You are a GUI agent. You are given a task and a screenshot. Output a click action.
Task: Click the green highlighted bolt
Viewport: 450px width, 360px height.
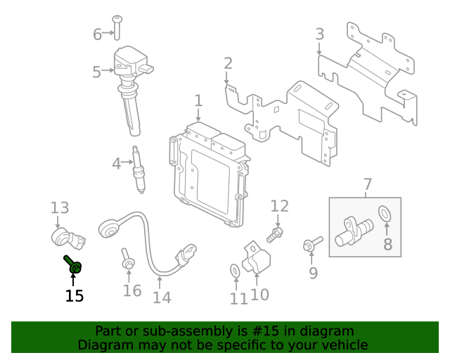(x=73, y=264)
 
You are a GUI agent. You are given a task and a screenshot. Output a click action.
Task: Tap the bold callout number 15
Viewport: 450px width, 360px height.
(x=75, y=296)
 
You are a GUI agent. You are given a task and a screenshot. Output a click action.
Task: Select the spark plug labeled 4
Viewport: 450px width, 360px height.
(x=139, y=169)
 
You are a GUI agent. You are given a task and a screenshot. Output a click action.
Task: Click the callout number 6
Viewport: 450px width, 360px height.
(x=97, y=34)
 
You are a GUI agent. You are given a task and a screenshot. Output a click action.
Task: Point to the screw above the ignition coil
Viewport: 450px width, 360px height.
(x=117, y=27)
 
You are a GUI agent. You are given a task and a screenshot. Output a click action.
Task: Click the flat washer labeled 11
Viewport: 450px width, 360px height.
(x=235, y=271)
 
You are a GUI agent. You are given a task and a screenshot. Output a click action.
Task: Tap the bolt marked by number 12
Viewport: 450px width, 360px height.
(x=275, y=234)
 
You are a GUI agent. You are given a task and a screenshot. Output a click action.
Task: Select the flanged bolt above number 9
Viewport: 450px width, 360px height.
(x=312, y=243)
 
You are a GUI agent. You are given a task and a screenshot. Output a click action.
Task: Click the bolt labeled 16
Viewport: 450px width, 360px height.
(x=127, y=259)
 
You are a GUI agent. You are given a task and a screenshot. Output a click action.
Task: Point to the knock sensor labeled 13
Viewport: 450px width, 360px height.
(x=68, y=237)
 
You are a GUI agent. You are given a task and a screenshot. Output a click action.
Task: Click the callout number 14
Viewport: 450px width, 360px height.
(x=162, y=297)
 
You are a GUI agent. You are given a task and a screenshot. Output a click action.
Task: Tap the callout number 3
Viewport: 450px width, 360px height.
(x=320, y=34)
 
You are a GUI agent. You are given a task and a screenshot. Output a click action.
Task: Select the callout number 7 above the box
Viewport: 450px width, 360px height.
(x=368, y=184)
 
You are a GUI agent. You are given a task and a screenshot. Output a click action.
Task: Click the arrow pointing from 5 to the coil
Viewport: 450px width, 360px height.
(x=108, y=70)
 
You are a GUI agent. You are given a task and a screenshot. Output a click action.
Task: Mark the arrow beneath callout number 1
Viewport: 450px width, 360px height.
(x=198, y=115)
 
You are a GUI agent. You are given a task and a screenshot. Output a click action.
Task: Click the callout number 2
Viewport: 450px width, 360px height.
(x=228, y=63)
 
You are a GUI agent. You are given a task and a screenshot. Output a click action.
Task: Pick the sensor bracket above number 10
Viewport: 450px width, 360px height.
(x=256, y=257)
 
